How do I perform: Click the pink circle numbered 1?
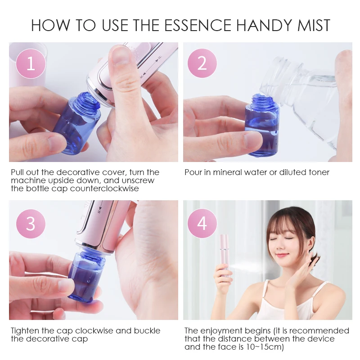(31, 64)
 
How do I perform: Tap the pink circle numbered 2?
(202, 64)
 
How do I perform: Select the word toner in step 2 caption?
(318, 172)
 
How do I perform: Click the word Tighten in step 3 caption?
(27, 331)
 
